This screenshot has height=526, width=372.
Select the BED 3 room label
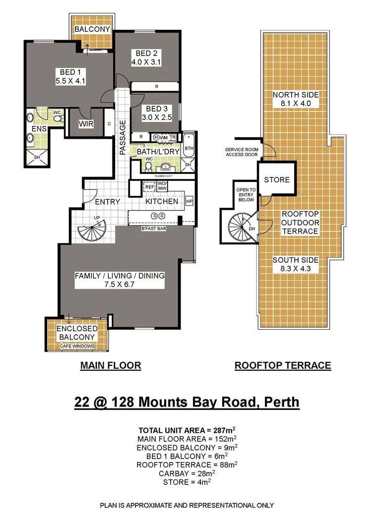click(x=154, y=109)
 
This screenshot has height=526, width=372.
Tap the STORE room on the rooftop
click(x=276, y=179)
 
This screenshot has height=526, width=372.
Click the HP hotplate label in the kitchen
click(x=189, y=202)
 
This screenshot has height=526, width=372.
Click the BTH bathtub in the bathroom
click(x=189, y=148)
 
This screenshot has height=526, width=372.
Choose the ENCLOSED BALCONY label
click(x=76, y=333)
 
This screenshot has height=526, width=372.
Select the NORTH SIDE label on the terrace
click(x=296, y=95)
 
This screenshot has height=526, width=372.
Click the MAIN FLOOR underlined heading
click(x=111, y=366)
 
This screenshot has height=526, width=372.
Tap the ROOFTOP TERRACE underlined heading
click(x=282, y=366)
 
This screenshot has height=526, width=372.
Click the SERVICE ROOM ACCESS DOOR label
click(x=242, y=152)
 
